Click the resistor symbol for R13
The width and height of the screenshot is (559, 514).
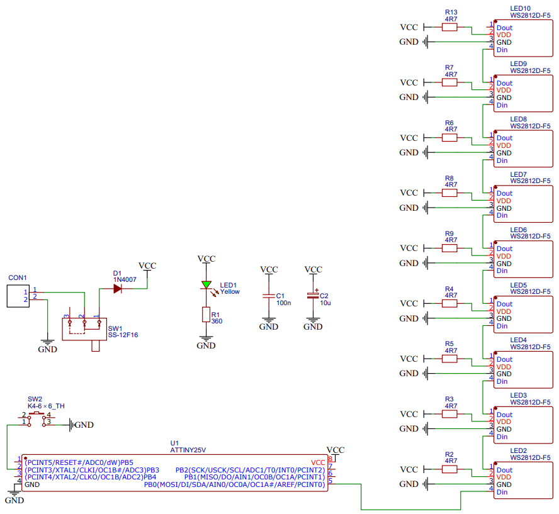(x=449, y=27)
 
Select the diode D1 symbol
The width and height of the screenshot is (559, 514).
(x=117, y=289)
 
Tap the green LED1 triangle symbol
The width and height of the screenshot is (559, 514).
(x=206, y=285)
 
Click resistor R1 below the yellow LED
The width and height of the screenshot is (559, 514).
(x=206, y=315)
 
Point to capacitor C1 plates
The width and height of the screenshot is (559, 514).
(x=269, y=296)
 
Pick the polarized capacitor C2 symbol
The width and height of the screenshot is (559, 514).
(x=313, y=296)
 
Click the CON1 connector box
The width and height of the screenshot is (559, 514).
(x=18, y=296)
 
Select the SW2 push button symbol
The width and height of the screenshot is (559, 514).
(x=37, y=419)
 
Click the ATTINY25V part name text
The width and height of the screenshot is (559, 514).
(x=188, y=450)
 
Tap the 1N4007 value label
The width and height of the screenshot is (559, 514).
(x=125, y=279)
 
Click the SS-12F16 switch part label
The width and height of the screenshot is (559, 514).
(x=123, y=335)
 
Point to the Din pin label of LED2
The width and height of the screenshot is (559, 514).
(x=502, y=492)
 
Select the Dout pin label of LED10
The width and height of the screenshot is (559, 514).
(x=504, y=28)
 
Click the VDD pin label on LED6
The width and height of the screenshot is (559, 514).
(x=504, y=256)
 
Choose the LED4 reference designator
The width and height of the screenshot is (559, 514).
(x=518, y=340)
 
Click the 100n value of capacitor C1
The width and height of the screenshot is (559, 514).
(x=284, y=303)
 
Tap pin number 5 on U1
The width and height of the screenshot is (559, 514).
(x=330, y=481)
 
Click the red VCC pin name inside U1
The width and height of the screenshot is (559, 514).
(x=318, y=462)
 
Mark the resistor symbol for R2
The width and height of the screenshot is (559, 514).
(x=449, y=469)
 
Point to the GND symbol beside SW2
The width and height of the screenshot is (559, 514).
(x=81, y=425)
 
